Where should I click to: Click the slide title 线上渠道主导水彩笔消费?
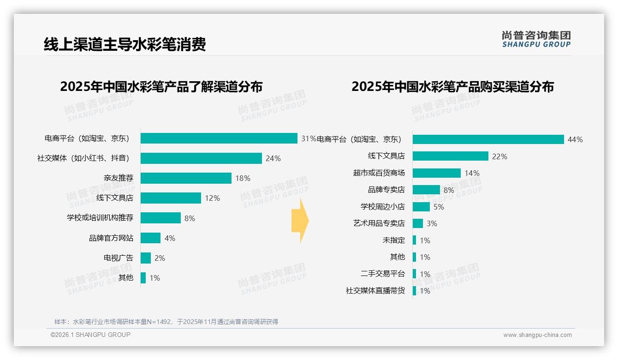[125, 45]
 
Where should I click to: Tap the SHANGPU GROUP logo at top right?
[536, 39]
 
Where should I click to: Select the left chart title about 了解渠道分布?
[161, 87]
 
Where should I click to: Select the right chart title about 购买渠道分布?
[452, 87]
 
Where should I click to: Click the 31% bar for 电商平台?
[219, 138]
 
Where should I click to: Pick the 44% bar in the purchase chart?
[488, 139]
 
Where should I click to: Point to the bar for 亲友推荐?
[186, 178]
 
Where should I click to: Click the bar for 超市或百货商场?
[436, 173]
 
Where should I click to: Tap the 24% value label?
[273, 158]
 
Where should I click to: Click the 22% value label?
[499, 156]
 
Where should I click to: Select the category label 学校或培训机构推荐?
[100, 218]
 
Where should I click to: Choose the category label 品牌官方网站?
[111, 238]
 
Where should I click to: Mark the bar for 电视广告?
[146, 258]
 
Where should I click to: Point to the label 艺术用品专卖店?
[379, 223]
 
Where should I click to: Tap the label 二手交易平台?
[382, 274]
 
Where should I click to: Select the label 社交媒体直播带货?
[375, 291]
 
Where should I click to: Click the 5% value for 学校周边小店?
[439, 207]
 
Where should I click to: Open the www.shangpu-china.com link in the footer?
[537, 335]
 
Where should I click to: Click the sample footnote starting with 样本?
[166, 322]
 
